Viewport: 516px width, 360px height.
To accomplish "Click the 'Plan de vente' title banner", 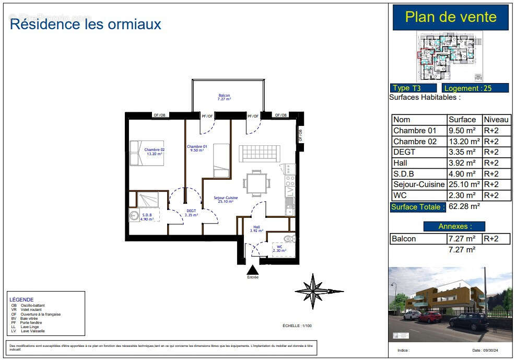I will pyautogui.click(x=450, y=17).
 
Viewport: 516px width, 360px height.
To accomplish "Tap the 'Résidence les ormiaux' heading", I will pyautogui.click(x=86, y=24).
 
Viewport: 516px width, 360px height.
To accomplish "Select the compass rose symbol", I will pyautogui.click(x=312, y=291).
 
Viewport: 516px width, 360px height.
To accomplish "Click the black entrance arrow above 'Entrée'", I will pyautogui.click(x=253, y=270).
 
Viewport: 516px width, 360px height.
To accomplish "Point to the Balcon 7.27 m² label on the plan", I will pyautogui.click(x=225, y=97).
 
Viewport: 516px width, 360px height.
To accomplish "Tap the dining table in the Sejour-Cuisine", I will pyautogui.click(x=256, y=183).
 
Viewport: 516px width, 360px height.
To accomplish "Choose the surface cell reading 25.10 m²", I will pyautogui.click(x=464, y=184).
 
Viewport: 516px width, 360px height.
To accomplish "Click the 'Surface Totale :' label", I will pyautogui.click(x=418, y=207).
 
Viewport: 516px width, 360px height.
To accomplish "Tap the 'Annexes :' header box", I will pyautogui.click(x=454, y=226).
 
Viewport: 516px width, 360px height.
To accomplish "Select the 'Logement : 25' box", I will pyautogui.click(x=475, y=88).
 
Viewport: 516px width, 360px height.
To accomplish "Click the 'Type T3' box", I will pyautogui.click(x=413, y=88).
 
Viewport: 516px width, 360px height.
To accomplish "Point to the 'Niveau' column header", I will pyautogui.click(x=496, y=120).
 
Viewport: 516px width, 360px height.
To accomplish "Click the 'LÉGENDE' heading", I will pyautogui.click(x=21, y=299).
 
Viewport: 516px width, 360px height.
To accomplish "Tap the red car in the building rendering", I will pyautogui.click(x=430, y=317).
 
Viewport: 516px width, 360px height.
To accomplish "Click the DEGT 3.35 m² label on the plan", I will pyautogui.click(x=191, y=213).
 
